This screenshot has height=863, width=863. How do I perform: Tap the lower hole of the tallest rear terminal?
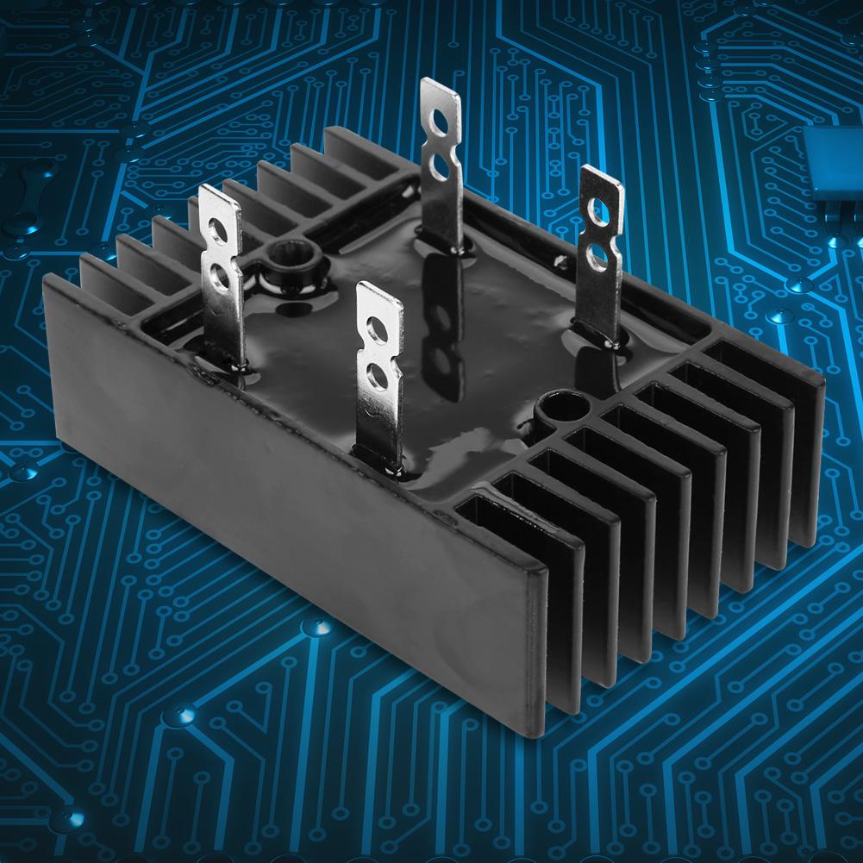point(441,160)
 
